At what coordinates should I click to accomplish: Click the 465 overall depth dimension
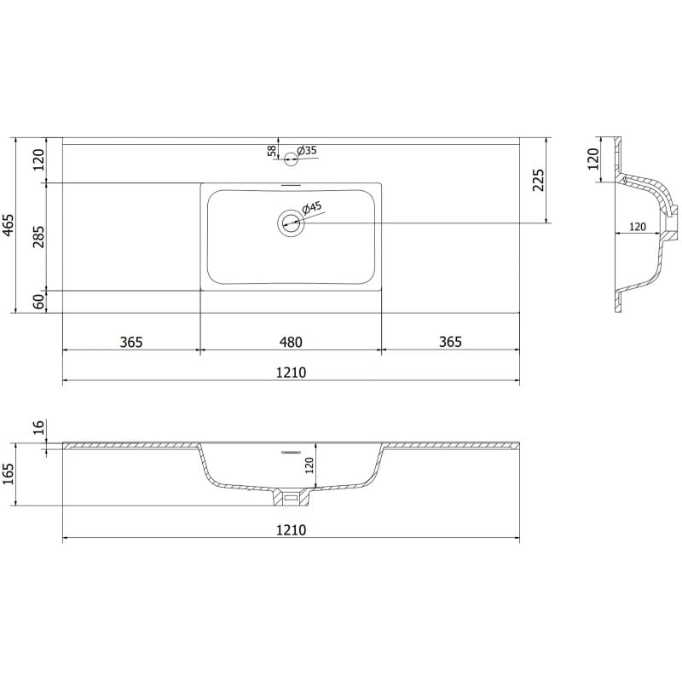[x=9, y=225]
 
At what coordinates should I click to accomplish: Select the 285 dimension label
[x=38, y=236]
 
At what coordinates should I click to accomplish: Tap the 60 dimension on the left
[x=38, y=301]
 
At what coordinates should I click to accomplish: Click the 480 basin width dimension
[x=291, y=342]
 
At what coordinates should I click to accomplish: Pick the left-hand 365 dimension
[x=130, y=342]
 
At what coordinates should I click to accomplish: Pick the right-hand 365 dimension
[x=450, y=342]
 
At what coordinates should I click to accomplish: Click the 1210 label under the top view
[x=291, y=373]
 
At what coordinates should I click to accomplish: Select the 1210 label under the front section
[x=291, y=529]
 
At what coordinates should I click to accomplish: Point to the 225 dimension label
[x=538, y=180]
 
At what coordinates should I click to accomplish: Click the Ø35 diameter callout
[x=307, y=151]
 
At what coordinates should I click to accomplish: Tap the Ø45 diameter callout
[x=312, y=207]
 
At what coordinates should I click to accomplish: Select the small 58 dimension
[x=272, y=151]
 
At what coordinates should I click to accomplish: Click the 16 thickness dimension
[x=38, y=427]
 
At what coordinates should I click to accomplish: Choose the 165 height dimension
[x=9, y=474]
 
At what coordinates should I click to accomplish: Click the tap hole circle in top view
[x=291, y=157]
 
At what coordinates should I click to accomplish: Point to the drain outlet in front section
[x=291, y=496]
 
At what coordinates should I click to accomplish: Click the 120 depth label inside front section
[x=310, y=465]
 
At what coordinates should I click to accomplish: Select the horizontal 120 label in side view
[x=637, y=227]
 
